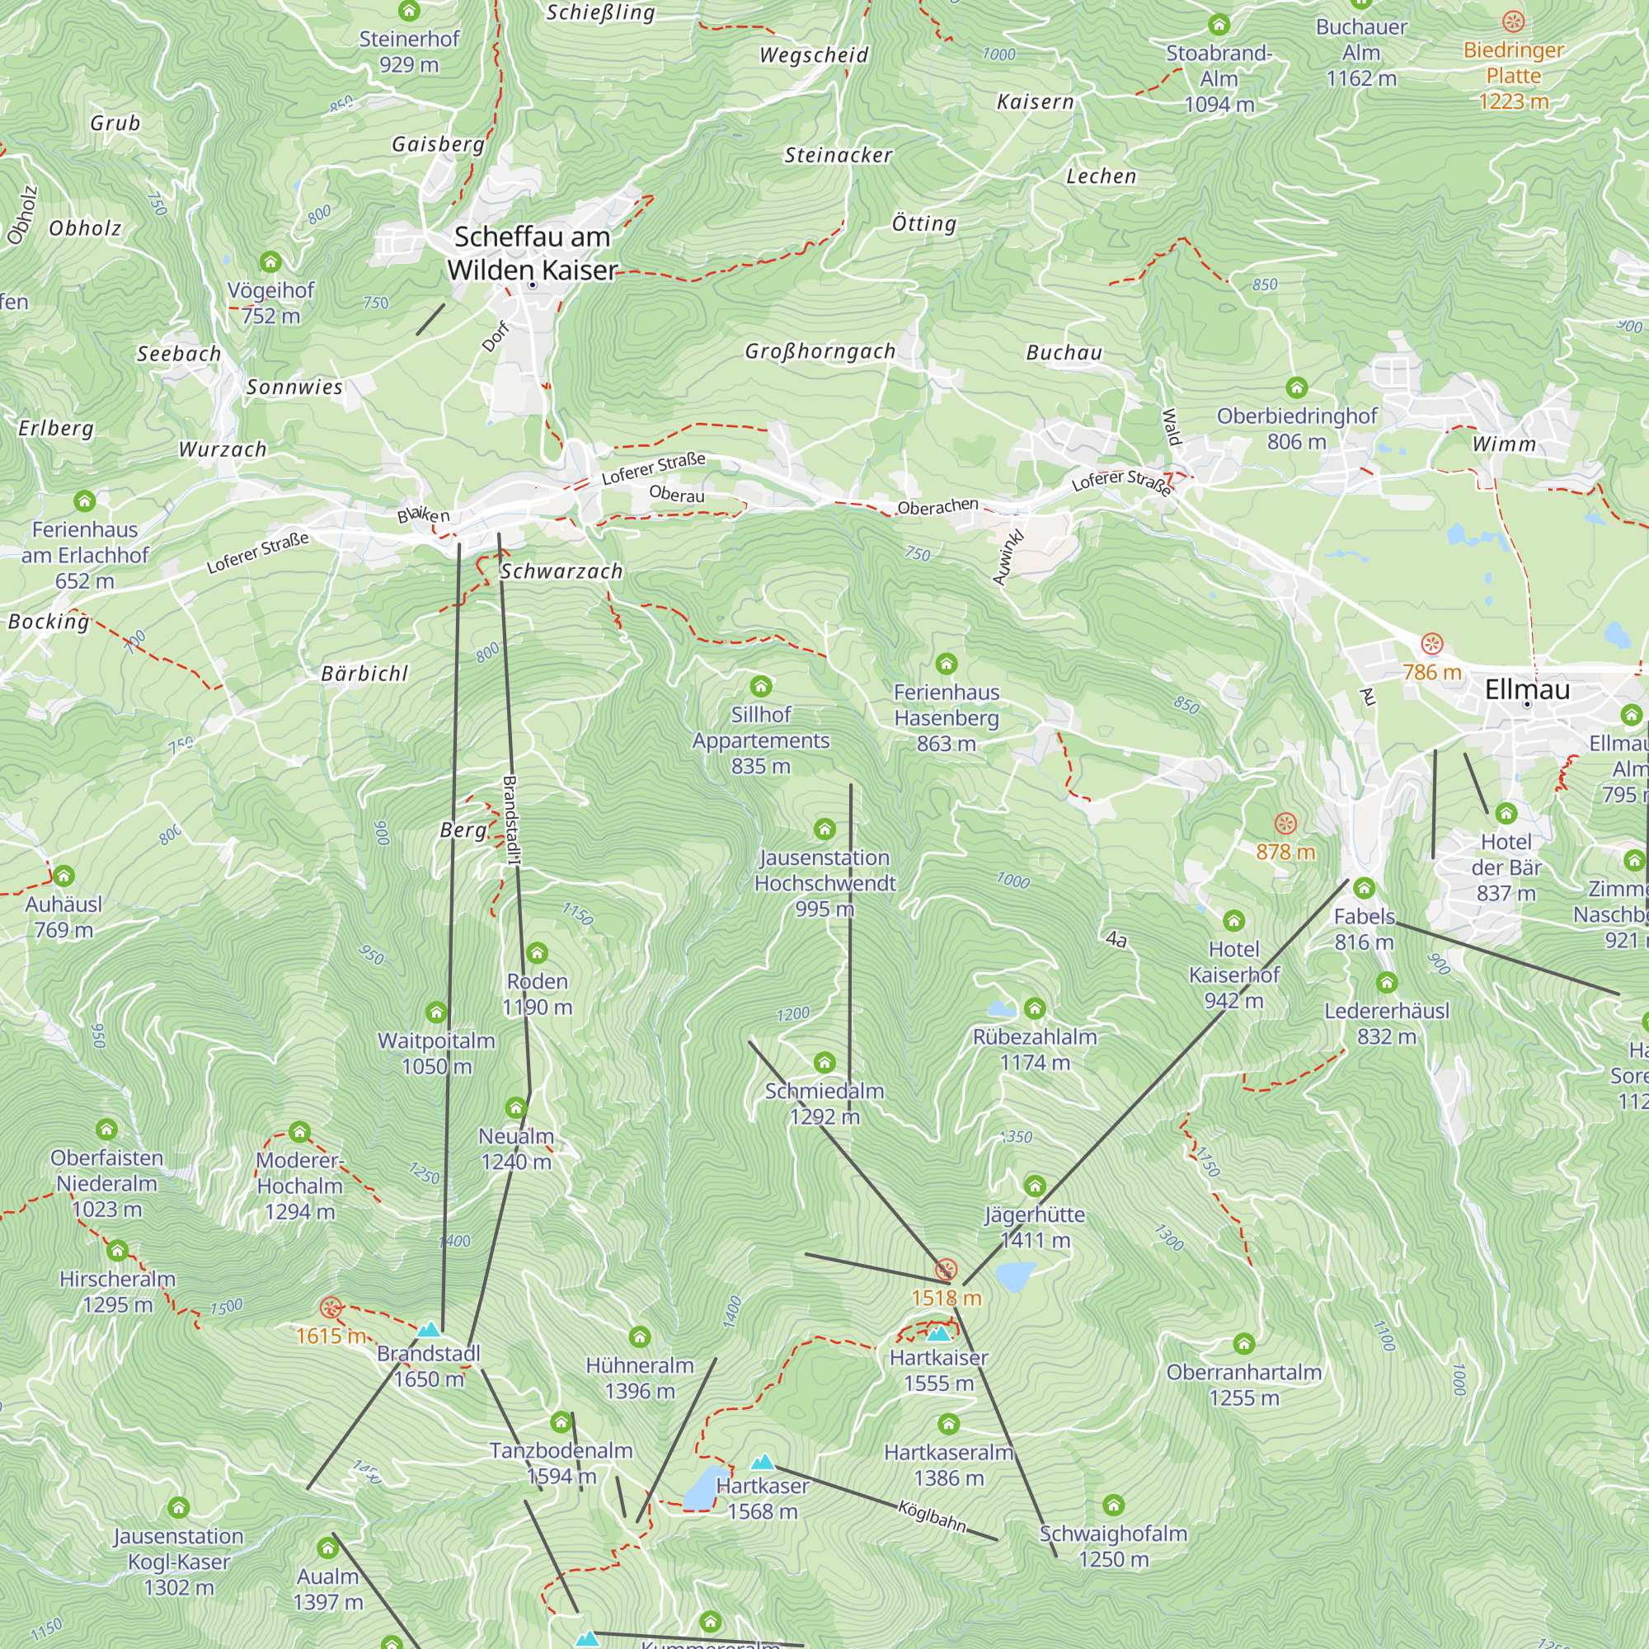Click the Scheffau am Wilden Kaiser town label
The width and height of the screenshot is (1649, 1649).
click(x=532, y=252)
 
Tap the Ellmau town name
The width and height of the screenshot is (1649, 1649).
click(x=1527, y=688)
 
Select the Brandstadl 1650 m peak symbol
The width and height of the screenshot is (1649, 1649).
click(x=429, y=1330)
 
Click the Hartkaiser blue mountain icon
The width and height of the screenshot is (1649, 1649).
click(x=938, y=1334)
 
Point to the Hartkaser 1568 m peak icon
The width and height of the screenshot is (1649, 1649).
click(x=762, y=1462)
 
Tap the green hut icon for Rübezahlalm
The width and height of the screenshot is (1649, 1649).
click(x=1035, y=1009)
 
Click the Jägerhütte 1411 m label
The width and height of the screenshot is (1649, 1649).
click(x=1035, y=1227)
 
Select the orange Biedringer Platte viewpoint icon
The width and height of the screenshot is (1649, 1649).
click(x=1513, y=21)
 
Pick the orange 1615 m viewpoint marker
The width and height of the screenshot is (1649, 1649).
click(x=331, y=1308)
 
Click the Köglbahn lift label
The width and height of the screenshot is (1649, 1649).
click(x=932, y=1516)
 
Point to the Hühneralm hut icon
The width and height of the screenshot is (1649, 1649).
click(x=639, y=1337)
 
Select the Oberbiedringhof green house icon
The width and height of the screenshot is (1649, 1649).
click(x=1296, y=388)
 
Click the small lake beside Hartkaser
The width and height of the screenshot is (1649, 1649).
click(x=704, y=1488)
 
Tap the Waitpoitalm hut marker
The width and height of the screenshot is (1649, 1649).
click(x=436, y=1012)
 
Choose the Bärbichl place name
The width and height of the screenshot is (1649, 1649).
click(x=364, y=674)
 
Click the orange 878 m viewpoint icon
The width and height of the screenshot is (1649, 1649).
click(x=1285, y=824)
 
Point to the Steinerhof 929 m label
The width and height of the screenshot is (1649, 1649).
click(x=409, y=51)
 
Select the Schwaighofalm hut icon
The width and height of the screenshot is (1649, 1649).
click(x=1113, y=1505)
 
